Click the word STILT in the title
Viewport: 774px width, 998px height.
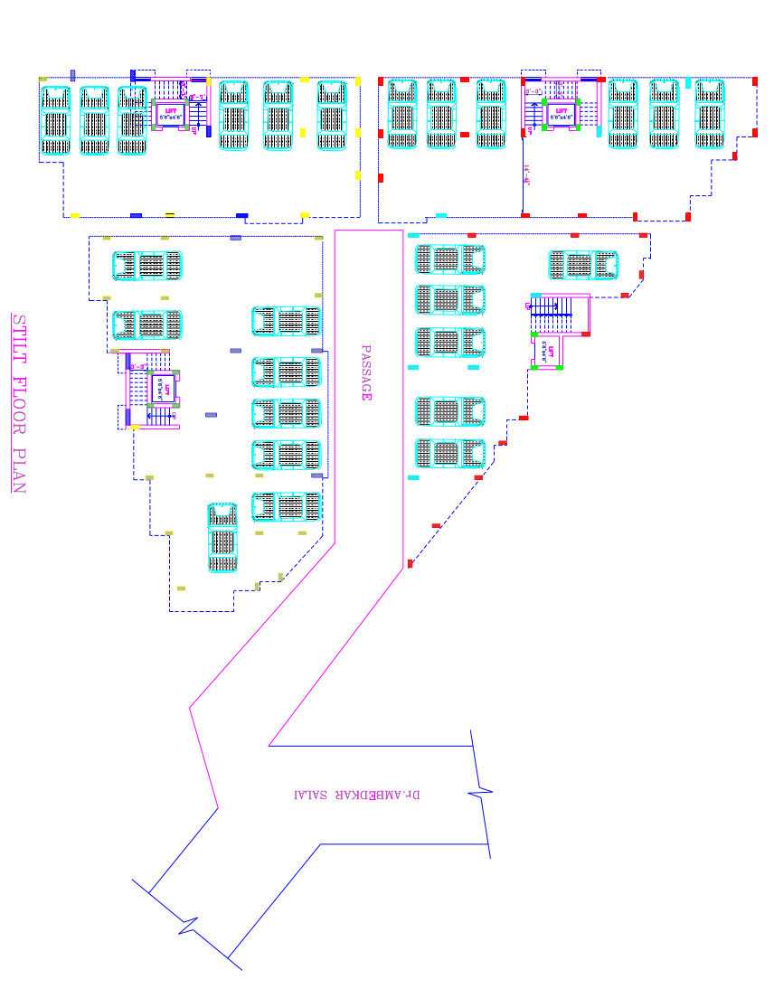click(19, 337)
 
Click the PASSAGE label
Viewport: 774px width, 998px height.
click(366, 372)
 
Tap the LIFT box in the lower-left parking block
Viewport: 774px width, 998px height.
click(161, 387)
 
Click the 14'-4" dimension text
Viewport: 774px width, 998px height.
click(525, 172)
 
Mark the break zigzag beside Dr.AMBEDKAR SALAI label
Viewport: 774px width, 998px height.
click(481, 793)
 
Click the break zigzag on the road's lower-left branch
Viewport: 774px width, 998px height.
click(188, 926)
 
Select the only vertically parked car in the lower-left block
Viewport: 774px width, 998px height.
click(222, 537)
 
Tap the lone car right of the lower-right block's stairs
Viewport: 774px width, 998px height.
click(583, 265)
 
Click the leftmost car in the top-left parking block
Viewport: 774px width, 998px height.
click(56, 119)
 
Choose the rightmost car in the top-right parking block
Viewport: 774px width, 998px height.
click(711, 113)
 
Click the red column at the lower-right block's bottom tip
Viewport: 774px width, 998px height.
click(411, 564)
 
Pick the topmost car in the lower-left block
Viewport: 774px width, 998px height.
click(146, 266)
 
